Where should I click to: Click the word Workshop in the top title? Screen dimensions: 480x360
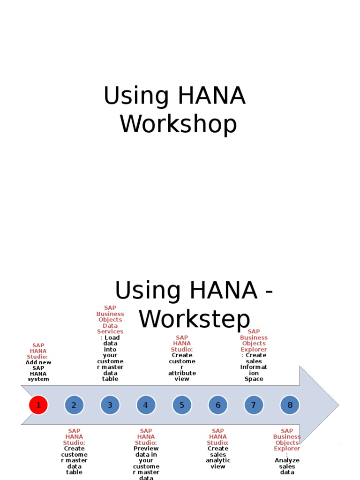coord(178,125)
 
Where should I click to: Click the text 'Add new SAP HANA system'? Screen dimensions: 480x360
coord(38,371)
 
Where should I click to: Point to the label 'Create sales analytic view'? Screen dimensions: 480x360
coord(218,457)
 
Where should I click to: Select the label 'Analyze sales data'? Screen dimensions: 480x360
coord(287,466)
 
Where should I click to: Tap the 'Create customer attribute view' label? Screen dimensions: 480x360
coord(182,367)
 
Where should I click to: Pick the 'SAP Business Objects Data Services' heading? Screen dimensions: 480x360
coord(110,320)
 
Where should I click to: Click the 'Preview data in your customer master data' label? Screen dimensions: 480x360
coord(146,464)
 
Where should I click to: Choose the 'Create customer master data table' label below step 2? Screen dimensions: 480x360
coord(74,460)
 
